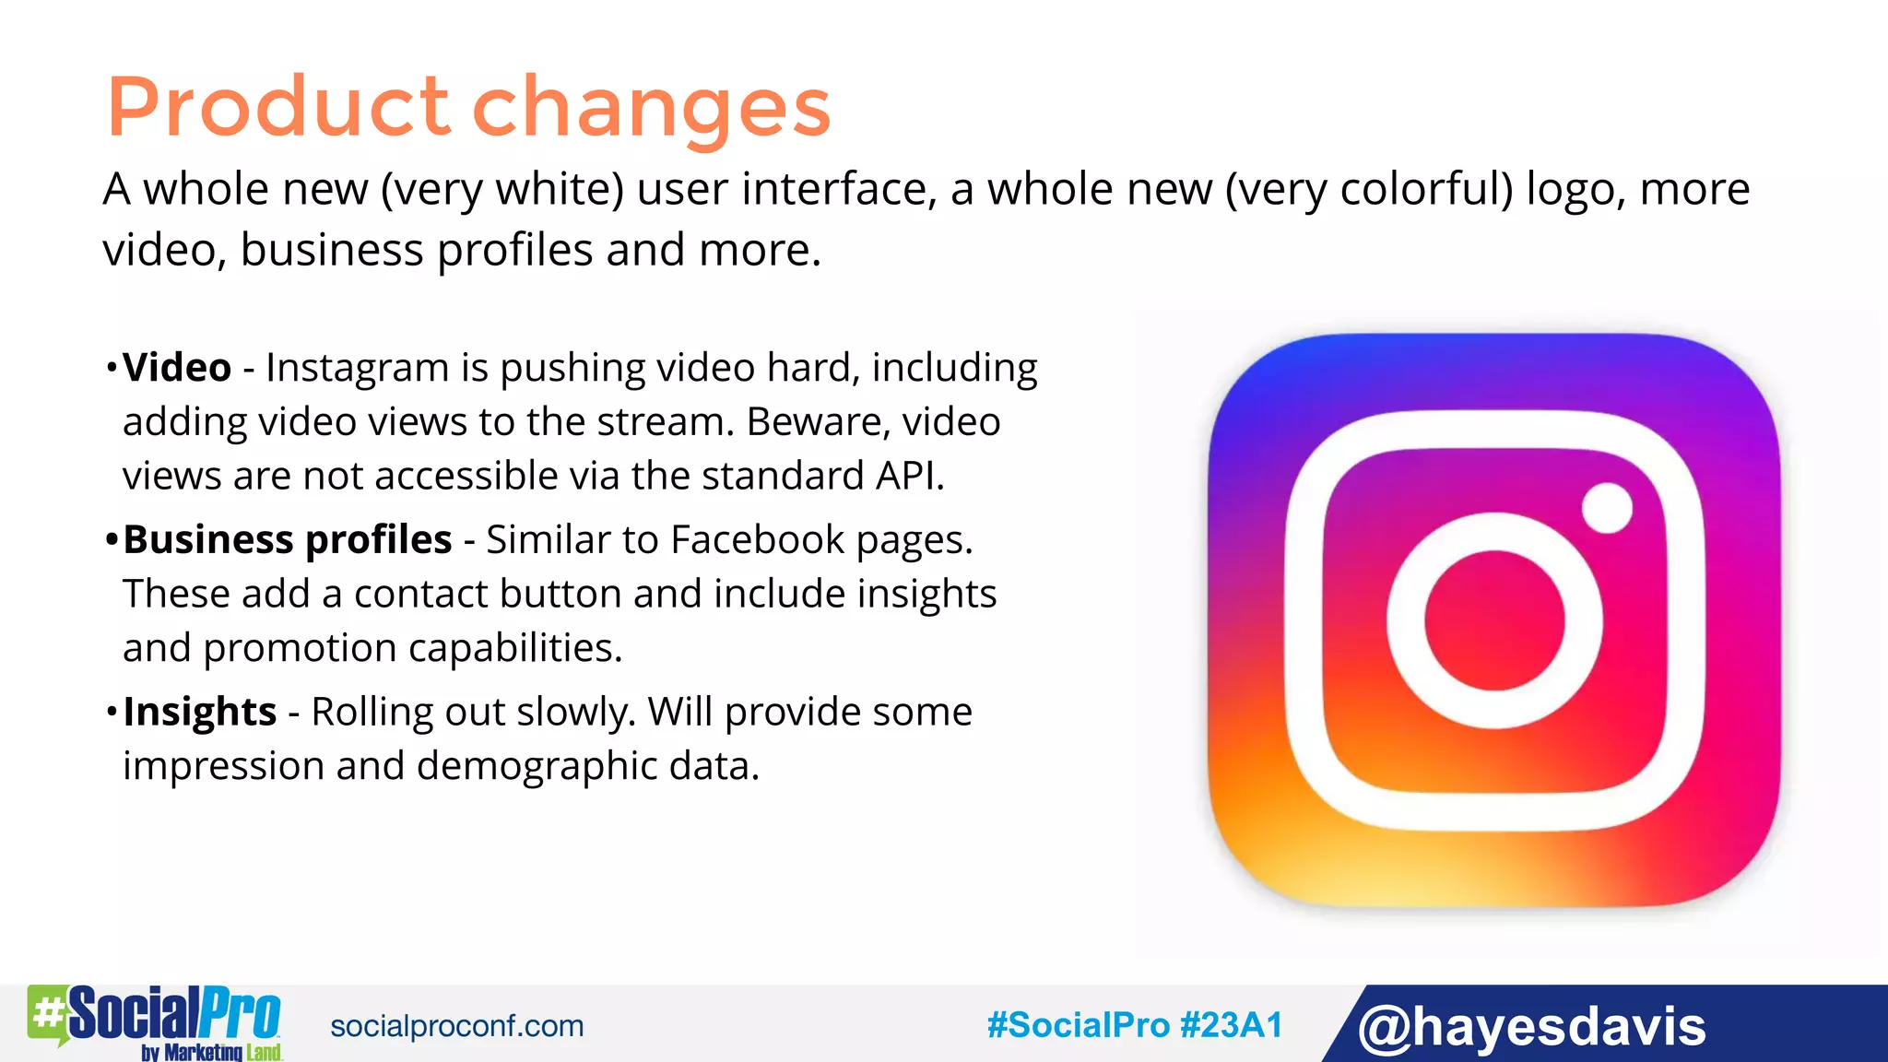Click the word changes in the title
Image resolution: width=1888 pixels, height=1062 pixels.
tap(651, 109)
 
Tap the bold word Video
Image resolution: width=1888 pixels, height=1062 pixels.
tap(177, 368)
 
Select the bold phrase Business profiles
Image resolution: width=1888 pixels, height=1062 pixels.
tap(288, 540)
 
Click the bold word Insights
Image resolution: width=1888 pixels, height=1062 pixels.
tap(200, 713)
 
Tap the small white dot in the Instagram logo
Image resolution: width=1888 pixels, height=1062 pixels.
tap(1607, 508)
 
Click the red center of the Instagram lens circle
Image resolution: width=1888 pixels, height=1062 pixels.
tap(1494, 620)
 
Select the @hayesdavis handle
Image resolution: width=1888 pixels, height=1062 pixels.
tap(1531, 1026)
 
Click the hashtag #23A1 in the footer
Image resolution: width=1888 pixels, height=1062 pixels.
tap(1231, 1025)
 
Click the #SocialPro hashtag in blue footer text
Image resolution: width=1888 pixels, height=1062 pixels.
tap(1078, 1025)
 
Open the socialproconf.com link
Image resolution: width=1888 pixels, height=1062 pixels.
tap(457, 1026)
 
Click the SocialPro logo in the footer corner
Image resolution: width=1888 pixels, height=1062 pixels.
tap(155, 1021)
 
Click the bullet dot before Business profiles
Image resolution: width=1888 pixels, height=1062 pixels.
tap(112, 539)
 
